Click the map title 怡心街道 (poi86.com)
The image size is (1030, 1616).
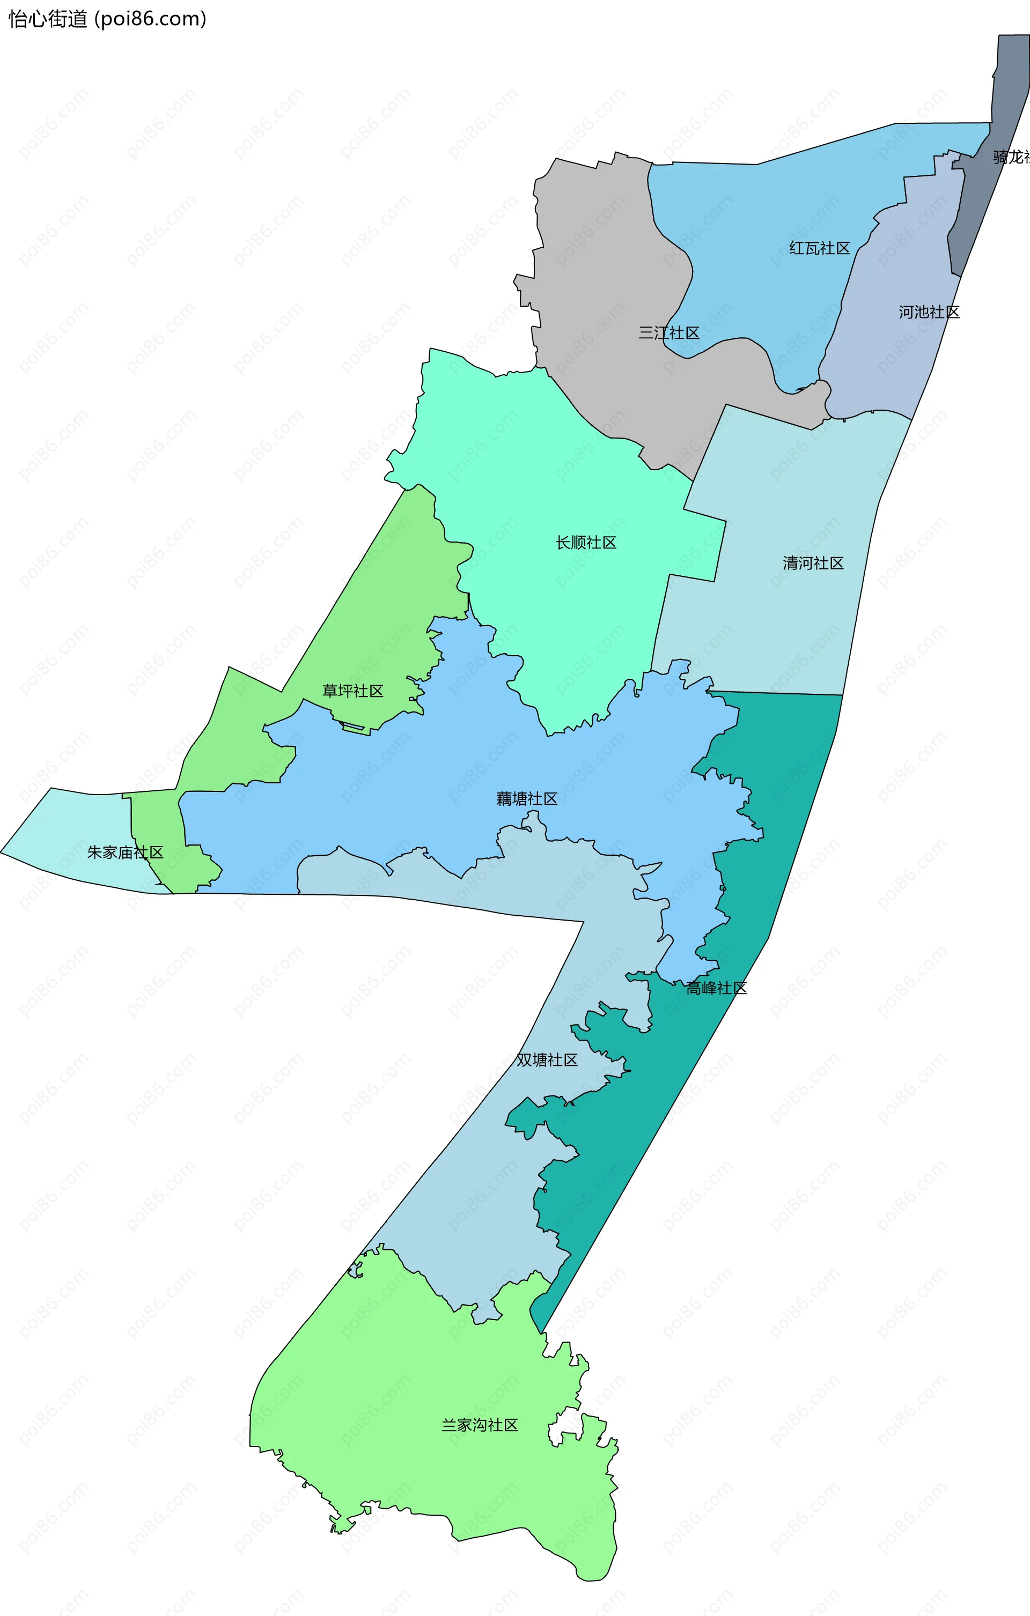click(x=107, y=19)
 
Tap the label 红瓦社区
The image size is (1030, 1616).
click(x=819, y=248)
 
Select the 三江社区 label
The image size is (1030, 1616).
click(x=669, y=332)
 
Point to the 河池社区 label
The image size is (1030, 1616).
click(x=929, y=312)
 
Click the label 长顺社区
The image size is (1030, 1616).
click(x=585, y=542)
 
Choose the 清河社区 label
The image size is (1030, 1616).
click(x=813, y=563)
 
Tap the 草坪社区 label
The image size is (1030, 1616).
click(x=352, y=691)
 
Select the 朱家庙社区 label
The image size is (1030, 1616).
click(x=125, y=853)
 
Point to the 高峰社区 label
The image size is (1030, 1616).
click(x=716, y=988)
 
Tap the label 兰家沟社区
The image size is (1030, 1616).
click(x=480, y=1425)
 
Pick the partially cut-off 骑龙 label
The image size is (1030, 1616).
click(x=1011, y=157)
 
